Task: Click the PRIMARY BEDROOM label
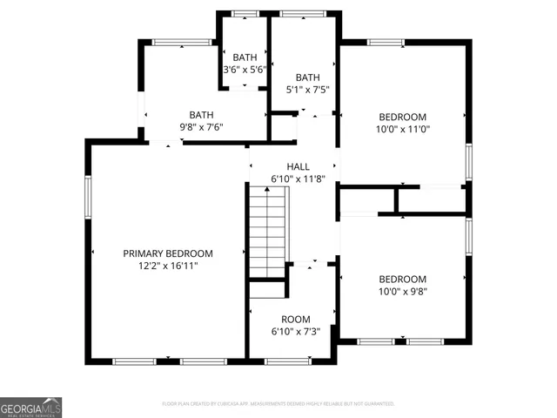168,253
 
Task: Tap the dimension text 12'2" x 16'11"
168,266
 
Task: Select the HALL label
299,166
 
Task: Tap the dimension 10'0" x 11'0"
402,129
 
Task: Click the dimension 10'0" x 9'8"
402,292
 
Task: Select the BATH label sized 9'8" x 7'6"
202,114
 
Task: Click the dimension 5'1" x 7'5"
307,88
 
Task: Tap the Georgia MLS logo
30,407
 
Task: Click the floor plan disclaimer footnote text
278,404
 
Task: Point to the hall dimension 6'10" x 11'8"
299,179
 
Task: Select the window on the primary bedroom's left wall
87,195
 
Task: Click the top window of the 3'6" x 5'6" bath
245,14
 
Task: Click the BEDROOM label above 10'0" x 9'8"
402,279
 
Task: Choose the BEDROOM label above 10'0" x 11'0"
402,117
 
